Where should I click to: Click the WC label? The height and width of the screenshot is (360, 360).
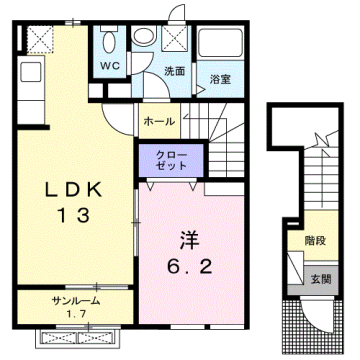pos(110,67)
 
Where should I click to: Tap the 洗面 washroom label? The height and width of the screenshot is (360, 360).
pos(175,72)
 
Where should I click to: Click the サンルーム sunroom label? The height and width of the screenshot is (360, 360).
pos(70,300)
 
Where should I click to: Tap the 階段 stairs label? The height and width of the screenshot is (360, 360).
pos(315,241)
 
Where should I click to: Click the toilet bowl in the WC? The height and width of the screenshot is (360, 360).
pos(109,42)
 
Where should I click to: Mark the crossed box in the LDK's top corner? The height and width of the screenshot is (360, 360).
pos(40,38)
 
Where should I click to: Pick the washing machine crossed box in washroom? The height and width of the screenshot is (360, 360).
pos(175,37)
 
